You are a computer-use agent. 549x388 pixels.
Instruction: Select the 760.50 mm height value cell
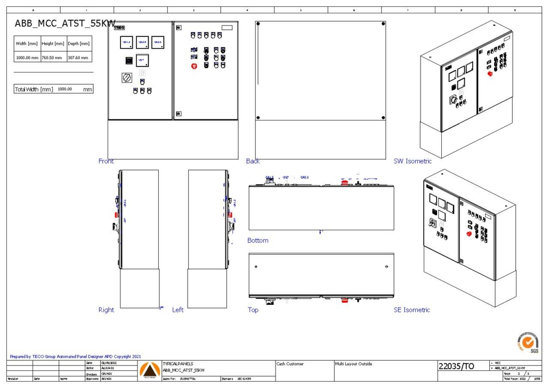click(x=53, y=58)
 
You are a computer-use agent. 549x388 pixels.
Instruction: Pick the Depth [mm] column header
click(x=78, y=44)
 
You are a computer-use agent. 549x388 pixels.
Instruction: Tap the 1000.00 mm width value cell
click(x=27, y=58)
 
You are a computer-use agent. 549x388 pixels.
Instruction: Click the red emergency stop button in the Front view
click(x=194, y=66)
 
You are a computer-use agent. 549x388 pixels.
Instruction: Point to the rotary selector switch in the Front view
click(x=127, y=78)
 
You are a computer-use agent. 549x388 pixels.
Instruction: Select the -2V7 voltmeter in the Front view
click(x=142, y=60)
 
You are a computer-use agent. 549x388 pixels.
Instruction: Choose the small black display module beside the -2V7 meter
click(x=129, y=61)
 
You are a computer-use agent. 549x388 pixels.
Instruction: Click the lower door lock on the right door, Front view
click(x=179, y=113)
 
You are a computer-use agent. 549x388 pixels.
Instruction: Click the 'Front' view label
click(x=106, y=161)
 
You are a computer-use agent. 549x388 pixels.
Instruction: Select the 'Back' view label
click(x=253, y=161)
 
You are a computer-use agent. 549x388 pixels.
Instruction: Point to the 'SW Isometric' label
click(x=413, y=161)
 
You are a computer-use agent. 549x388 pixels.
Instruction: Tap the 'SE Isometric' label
click(x=411, y=310)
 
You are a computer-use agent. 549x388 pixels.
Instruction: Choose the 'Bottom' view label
click(x=258, y=240)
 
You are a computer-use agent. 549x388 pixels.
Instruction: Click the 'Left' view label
click(x=178, y=310)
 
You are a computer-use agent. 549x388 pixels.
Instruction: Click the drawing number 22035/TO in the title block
click(x=456, y=367)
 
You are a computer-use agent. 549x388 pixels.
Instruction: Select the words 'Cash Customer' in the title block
click(x=290, y=364)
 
